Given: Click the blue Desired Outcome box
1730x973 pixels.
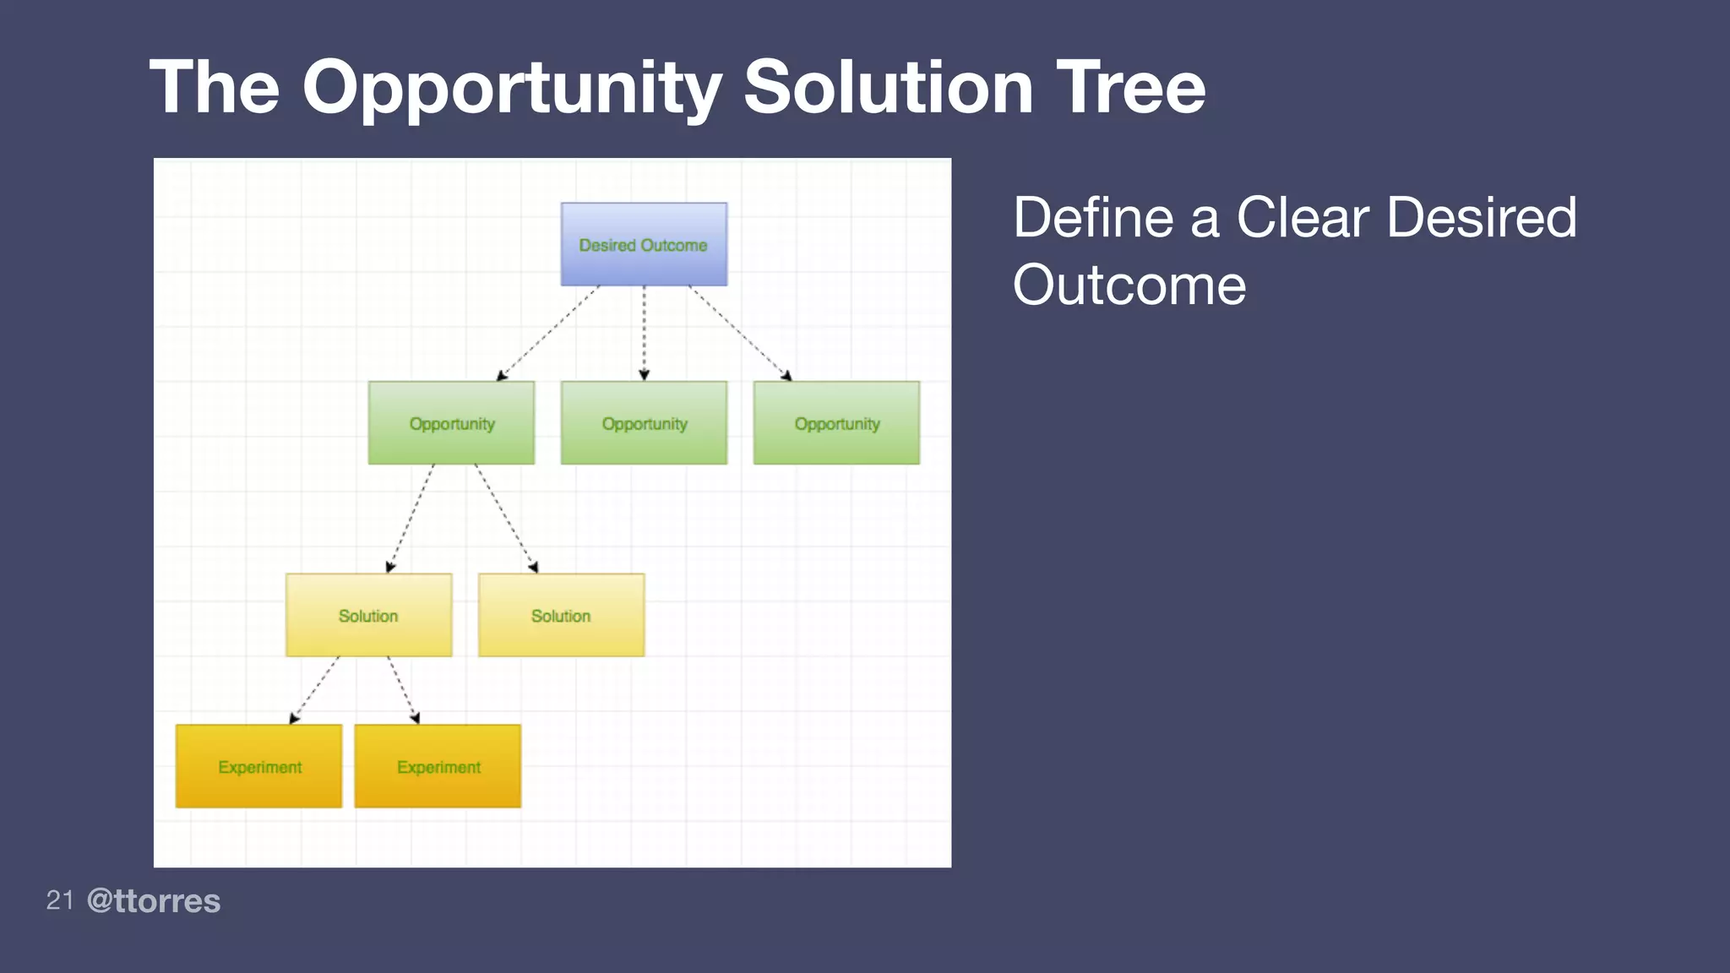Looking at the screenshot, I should pos(644,244).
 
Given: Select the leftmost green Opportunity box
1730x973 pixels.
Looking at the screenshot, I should pos(451,422).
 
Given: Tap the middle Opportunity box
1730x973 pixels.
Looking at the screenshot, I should pos(644,422).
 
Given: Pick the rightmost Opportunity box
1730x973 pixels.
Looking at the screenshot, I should pos(836,422).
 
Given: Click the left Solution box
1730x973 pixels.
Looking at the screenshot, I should pos(368,615).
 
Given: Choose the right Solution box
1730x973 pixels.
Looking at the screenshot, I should pos(561,615).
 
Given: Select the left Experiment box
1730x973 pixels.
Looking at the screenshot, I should pos(258,766).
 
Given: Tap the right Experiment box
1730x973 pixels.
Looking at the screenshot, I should pos(438,766).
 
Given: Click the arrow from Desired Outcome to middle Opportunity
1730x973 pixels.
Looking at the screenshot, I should pos(644,334).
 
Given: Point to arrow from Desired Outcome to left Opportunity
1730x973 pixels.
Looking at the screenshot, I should pos(548,333).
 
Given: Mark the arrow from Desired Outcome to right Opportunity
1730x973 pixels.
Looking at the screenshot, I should pos(740,333).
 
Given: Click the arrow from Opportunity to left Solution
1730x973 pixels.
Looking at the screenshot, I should pos(411,518).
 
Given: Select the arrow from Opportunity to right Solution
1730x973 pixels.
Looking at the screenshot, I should pos(506,518).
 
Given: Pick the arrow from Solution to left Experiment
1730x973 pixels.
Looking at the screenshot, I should pos(314,690).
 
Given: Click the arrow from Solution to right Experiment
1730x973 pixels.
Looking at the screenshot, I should pos(404,690).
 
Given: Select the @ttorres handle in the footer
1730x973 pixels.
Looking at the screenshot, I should pos(154,901).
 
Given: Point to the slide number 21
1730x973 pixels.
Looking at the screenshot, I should pos(60,900).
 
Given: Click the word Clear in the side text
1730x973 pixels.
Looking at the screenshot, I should pos(1302,218).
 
